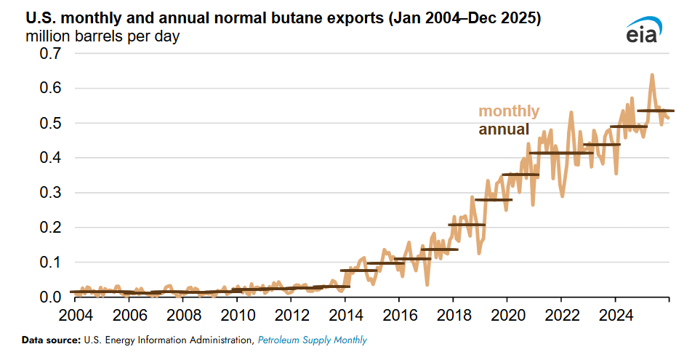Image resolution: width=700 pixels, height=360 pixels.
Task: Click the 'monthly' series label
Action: point(509,111)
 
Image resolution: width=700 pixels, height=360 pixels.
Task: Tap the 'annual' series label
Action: point(504,130)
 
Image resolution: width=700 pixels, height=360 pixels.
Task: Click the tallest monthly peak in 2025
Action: point(651,75)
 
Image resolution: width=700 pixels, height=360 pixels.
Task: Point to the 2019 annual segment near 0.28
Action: point(494,199)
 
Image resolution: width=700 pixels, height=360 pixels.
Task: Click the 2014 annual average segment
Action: point(358,270)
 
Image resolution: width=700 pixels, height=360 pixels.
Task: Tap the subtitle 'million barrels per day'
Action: point(102,36)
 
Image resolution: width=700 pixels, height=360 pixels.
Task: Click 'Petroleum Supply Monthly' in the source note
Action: point(313,340)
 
